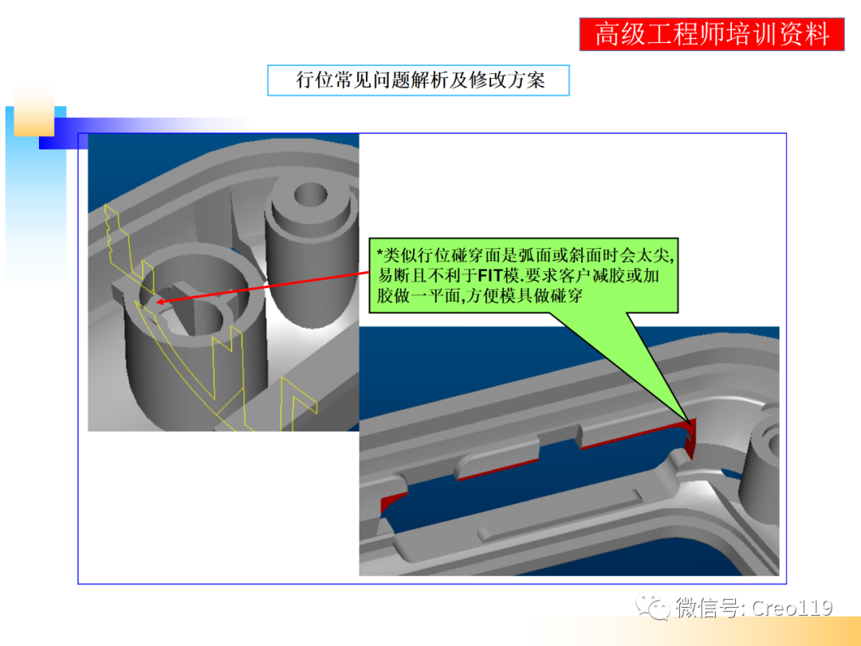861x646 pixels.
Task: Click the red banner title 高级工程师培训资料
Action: [711, 34]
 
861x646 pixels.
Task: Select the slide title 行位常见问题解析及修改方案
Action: [419, 80]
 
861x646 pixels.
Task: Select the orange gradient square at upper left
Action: [33, 112]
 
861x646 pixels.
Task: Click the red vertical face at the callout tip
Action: [690, 435]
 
